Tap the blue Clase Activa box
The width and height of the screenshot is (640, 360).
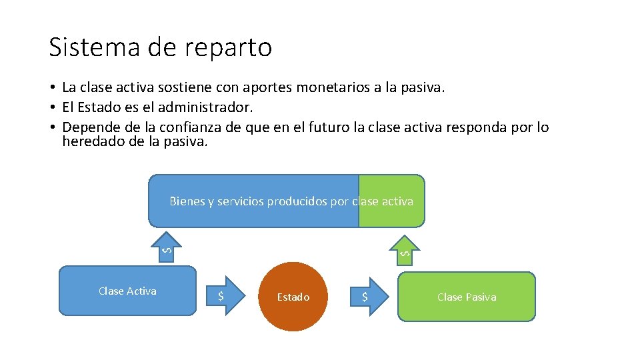127,291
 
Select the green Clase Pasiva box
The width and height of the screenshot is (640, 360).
467,297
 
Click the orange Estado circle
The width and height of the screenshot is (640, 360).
293,297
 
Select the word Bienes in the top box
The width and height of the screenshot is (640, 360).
187,201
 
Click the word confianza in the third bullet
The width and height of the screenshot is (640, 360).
196,127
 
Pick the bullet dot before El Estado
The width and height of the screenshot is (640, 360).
51,107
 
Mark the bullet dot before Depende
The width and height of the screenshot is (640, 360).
51,127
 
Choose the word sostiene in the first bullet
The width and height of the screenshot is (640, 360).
175,87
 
